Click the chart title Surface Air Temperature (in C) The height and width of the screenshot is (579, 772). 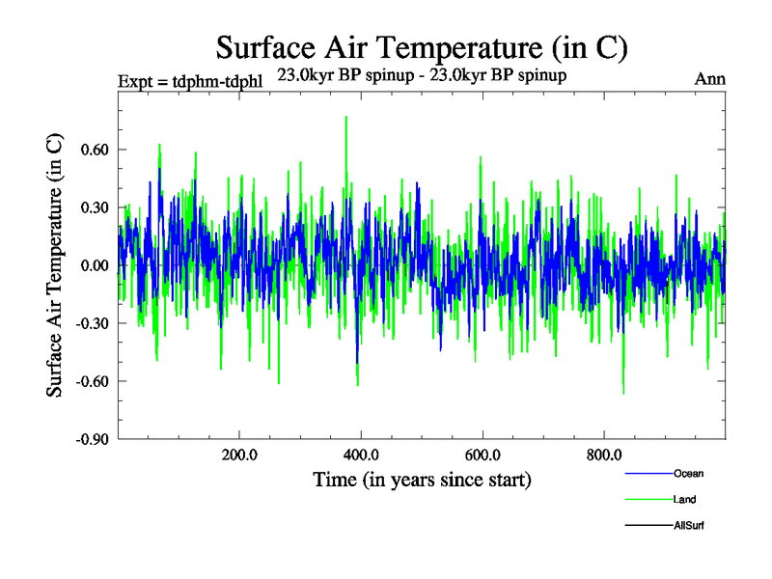coord(422,46)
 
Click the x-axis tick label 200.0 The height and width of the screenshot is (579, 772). coord(238,455)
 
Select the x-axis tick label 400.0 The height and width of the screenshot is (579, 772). coord(360,455)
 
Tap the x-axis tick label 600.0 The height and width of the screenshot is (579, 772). coord(482,455)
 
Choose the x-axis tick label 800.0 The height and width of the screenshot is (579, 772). coord(603,455)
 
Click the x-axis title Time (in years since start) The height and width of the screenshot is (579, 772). coord(422,480)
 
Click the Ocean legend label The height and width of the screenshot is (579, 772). coord(689,473)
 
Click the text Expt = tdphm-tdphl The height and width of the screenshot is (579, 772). coord(189,79)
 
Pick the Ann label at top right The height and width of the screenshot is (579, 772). coord(710,79)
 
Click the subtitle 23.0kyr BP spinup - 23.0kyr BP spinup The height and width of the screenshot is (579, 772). coord(422,74)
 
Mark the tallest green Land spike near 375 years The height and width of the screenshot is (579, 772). coord(345,119)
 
